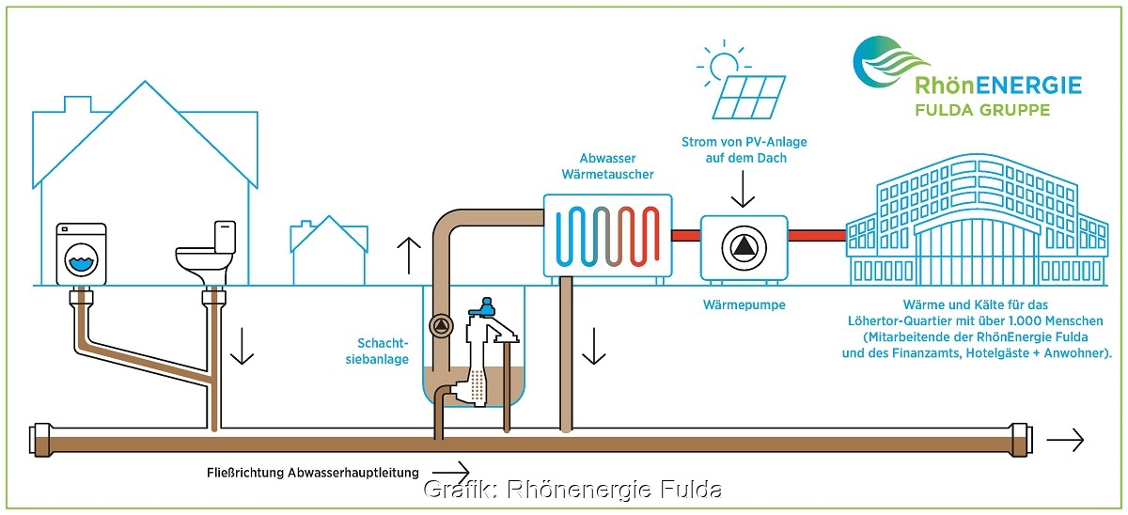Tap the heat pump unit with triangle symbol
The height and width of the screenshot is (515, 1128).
744,247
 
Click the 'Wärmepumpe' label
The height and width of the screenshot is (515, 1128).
744,305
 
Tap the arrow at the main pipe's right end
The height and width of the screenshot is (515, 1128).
1065,439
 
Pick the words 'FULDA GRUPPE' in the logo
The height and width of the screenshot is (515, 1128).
971,110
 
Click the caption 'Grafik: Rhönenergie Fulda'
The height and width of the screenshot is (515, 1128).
572,490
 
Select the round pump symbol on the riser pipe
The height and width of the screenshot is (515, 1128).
438,326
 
